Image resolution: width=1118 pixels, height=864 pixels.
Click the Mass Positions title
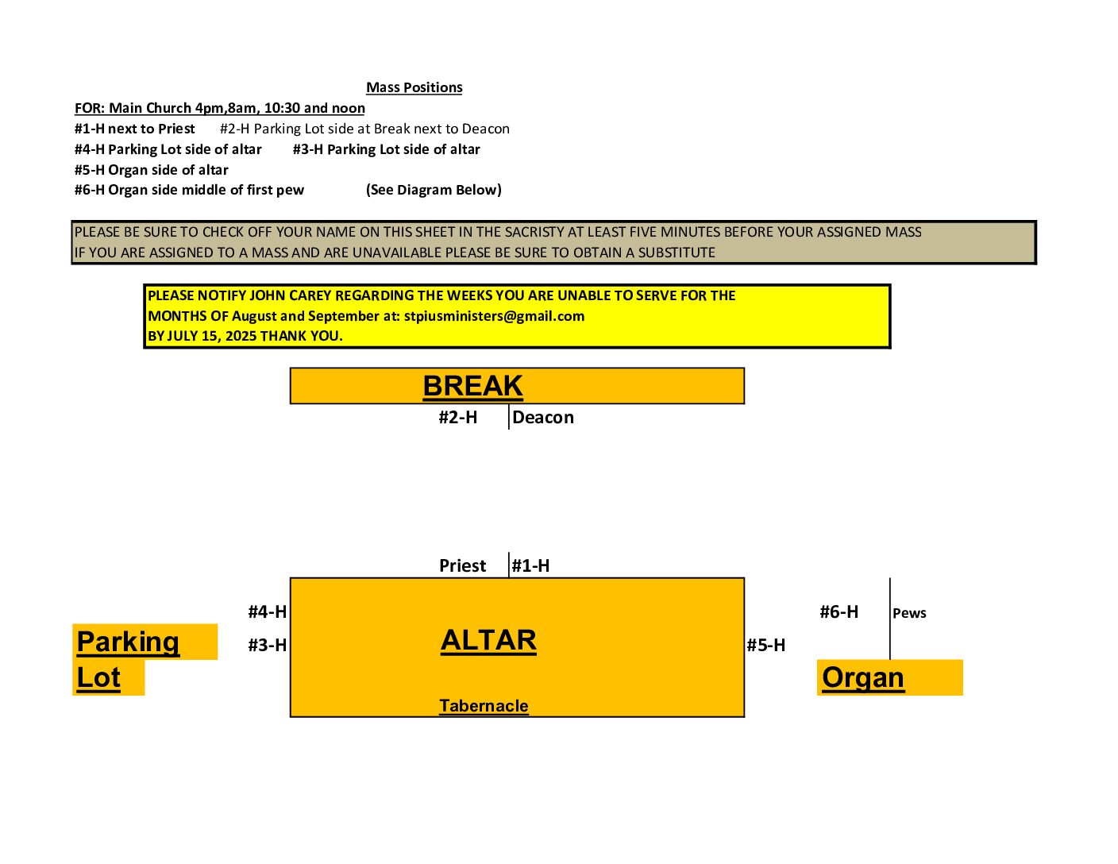[414, 87]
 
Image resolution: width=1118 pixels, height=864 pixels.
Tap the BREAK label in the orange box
[472, 385]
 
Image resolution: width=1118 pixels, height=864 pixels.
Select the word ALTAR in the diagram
[488, 640]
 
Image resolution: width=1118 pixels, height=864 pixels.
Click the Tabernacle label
[484, 705]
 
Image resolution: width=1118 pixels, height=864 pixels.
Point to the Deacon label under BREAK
[543, 418]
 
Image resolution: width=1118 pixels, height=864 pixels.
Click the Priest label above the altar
[462, 566]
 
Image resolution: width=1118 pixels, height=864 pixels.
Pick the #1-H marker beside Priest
[530, 566]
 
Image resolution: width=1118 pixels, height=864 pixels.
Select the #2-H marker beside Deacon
[458, 418]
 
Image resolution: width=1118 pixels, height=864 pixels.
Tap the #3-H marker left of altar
[267, 646]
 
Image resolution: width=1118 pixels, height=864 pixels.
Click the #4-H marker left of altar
[267, 611]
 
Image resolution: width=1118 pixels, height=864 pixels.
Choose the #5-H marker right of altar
[766, 646]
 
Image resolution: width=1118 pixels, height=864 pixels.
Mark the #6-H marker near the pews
[839, 611]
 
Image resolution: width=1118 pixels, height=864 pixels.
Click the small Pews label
[909, 613]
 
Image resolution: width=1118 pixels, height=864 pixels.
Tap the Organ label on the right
[863, 677]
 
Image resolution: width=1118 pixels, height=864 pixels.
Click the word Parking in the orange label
[128, 642]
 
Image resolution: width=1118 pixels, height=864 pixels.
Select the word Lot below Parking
[98, 677]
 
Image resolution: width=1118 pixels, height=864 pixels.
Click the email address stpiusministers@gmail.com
[495, 316]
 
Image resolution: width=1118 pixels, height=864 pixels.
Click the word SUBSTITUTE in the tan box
[677, 253]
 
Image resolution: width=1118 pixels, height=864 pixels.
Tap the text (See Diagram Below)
[434, 190]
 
